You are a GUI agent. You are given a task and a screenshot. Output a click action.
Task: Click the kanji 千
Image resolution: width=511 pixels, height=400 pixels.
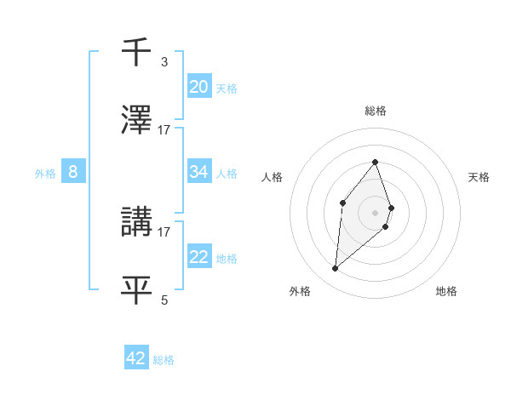coord(136,54)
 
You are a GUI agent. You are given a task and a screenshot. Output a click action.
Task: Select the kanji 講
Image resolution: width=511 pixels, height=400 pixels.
coord(136,222)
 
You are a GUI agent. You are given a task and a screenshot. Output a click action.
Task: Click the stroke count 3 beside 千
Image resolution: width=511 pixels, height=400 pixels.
coord(164,62)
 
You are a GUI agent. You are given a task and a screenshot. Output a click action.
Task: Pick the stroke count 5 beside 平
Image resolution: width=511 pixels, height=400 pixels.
coord(164,300)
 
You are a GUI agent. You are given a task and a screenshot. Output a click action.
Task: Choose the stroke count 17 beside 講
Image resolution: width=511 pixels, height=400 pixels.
coord(164,231)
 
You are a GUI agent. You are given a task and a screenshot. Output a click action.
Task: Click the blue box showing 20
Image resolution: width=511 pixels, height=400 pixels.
coord(199,86)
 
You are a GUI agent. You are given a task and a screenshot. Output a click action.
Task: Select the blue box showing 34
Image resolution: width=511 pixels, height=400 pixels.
coord(199,172)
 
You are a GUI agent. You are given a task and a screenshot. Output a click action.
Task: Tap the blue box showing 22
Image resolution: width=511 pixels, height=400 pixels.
coord(199,257)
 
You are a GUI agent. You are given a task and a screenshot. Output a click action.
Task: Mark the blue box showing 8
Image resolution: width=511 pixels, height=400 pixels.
coord(73,172)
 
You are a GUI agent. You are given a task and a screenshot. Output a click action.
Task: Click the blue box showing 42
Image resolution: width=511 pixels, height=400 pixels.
coord(136,358)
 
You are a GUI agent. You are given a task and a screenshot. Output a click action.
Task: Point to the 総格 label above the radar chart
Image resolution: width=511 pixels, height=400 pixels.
coord(375,111)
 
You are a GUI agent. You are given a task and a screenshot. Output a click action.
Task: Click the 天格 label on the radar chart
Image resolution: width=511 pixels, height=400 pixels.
coord(479,177)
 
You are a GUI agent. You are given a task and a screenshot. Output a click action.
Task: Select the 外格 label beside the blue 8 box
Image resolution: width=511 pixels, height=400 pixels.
coord(45,173)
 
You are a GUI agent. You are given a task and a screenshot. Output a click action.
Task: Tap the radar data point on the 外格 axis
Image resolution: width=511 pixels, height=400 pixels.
coord(335,269)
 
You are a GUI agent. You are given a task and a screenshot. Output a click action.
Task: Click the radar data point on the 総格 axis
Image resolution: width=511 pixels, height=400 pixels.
coord(375,162)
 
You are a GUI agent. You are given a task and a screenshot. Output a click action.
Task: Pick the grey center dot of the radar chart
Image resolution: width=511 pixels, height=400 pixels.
coord(375,212)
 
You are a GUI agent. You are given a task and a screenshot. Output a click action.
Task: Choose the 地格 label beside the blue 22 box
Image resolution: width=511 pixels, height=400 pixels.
coord(227,258)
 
